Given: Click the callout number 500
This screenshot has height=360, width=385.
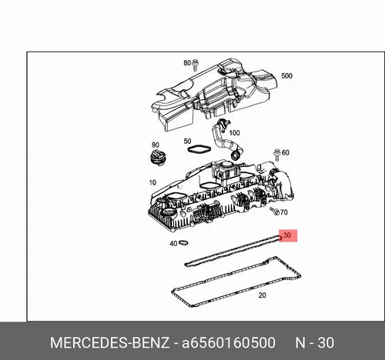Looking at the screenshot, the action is [286, 76].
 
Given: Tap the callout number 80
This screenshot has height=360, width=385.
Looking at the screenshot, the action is [187, 63].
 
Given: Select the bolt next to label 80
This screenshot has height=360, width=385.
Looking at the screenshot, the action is [195, 65].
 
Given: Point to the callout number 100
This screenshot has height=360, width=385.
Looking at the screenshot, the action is [234, 133].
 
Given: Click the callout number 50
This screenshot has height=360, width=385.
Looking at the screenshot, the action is [187, 142].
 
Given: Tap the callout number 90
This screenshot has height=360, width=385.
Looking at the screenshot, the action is [156, 145].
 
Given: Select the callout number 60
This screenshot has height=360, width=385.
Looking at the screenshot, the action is [286, 152].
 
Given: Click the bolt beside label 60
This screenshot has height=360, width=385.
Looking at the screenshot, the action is [277, 155].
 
